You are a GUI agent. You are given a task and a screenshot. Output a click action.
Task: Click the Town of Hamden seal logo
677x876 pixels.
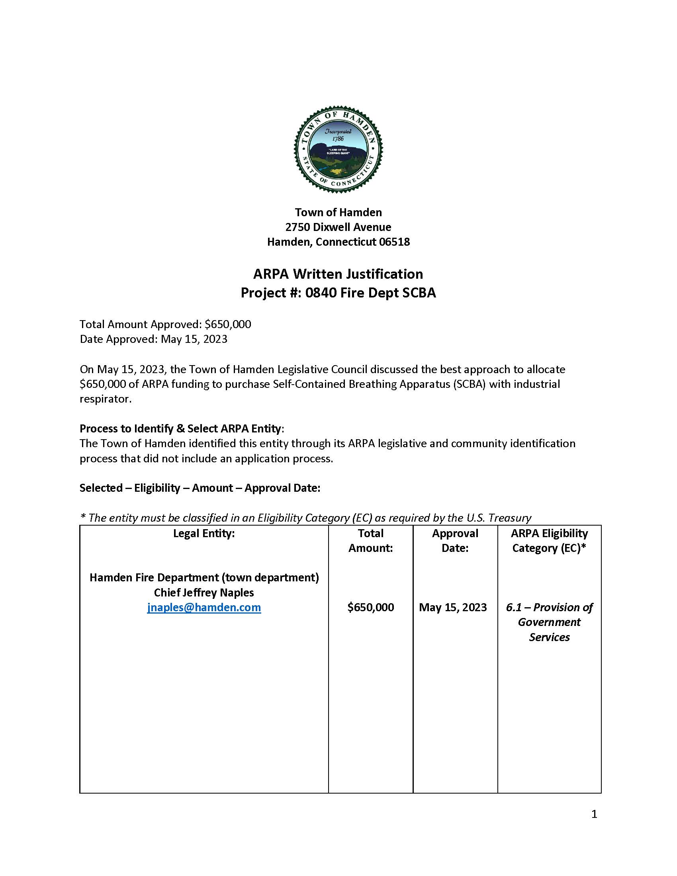338,149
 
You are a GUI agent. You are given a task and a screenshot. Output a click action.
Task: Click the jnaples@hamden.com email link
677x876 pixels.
204,607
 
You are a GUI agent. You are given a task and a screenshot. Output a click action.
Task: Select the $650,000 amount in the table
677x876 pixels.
371,607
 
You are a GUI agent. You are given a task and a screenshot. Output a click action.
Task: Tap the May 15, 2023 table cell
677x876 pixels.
453,607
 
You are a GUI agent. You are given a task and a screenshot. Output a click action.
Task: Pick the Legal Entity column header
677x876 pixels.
204,534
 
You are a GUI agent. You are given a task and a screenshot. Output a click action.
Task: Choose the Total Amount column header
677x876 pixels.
371,541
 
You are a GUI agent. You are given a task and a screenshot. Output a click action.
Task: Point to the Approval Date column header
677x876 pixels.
455,541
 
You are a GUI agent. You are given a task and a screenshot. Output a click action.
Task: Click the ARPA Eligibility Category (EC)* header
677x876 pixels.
549,541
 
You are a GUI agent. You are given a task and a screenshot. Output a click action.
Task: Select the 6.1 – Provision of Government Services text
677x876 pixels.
549,622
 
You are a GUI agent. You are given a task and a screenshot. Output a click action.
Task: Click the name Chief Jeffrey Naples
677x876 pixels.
204,592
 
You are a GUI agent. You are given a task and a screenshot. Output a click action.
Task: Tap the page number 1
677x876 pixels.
594,814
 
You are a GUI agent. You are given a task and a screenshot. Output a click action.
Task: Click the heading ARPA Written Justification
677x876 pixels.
338,274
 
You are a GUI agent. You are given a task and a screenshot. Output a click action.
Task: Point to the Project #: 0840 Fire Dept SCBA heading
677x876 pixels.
338,293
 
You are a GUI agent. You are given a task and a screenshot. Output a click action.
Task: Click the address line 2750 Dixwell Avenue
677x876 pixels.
338,227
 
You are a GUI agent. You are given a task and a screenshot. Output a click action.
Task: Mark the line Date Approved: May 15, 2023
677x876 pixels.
154,339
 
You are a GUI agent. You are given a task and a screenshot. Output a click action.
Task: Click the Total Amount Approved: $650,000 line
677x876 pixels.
165,324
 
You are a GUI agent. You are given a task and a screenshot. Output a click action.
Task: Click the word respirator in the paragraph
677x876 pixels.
105,399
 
